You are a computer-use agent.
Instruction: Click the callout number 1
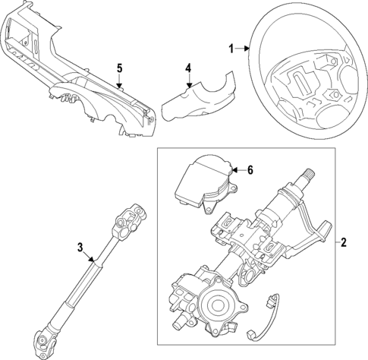(x=231, y=49)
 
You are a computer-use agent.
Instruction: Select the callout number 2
(x=344, y=243)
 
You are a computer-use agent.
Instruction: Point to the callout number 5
(x=118, y=68)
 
